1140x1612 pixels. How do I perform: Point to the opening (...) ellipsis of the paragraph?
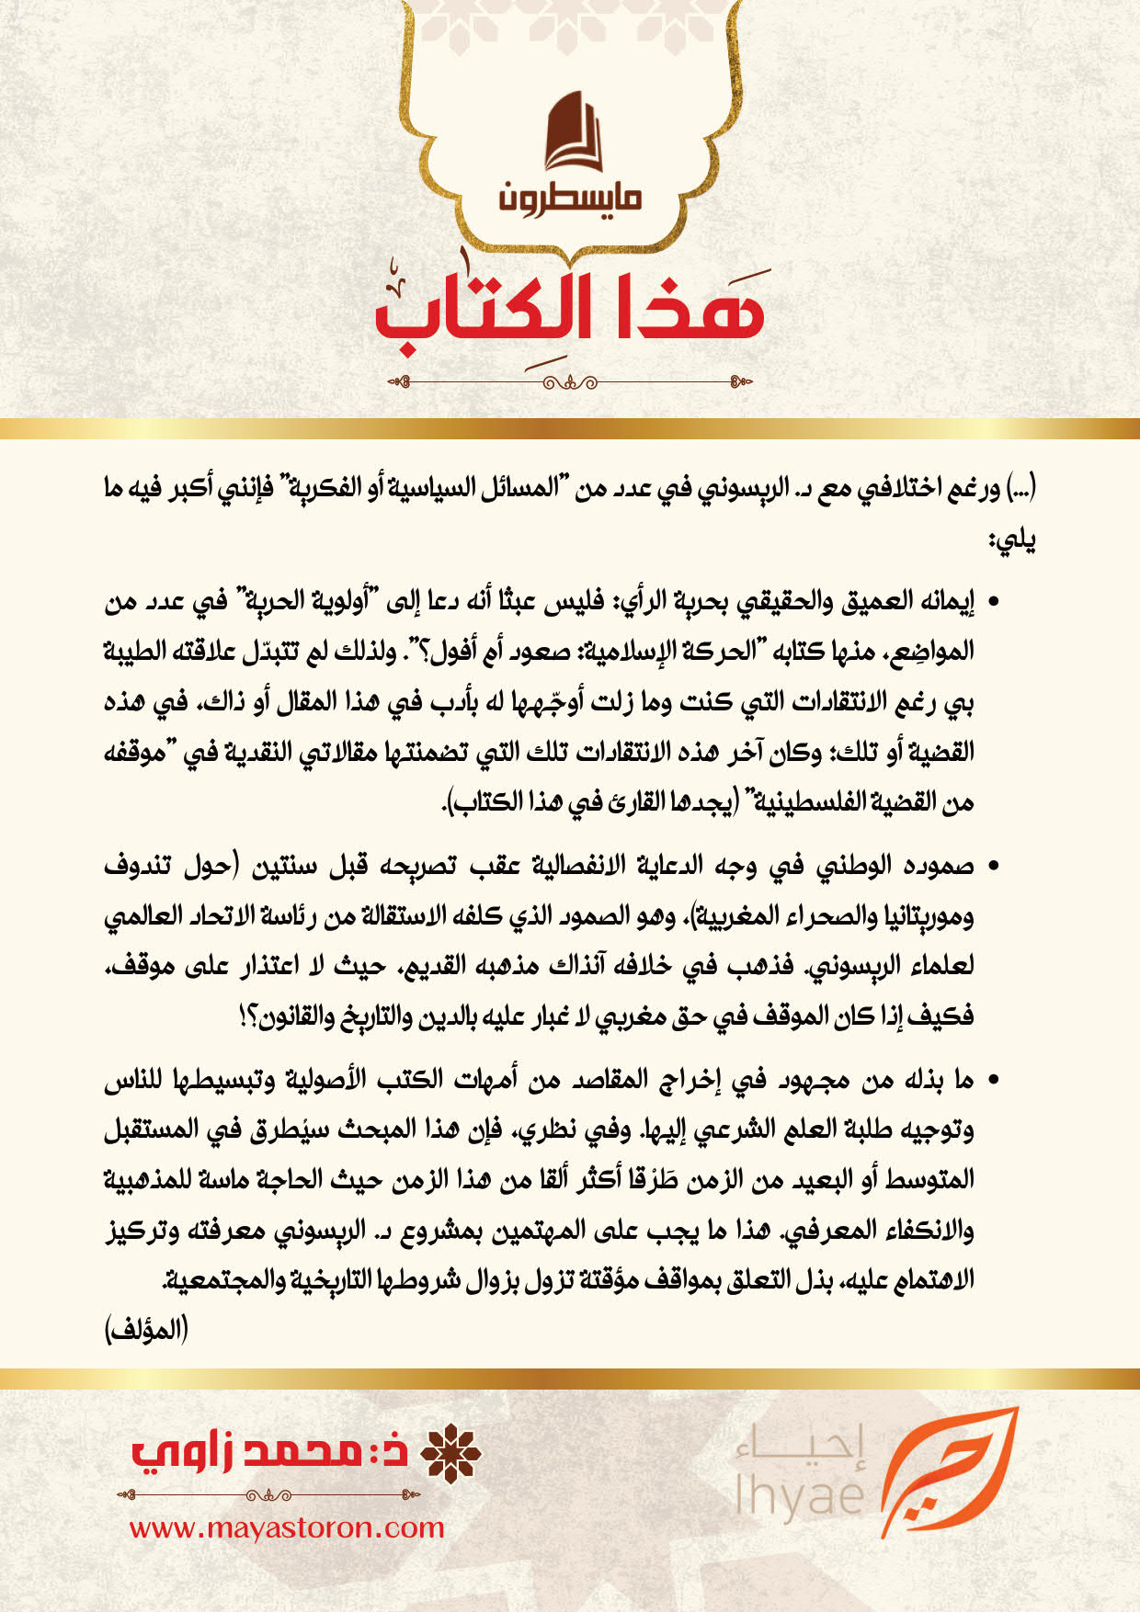click(x=1020, y=487)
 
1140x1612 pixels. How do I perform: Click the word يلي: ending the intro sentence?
click(x=1011, y=540)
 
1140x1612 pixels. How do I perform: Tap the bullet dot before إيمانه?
click(x=994, y=603)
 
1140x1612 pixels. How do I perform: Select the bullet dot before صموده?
click(x=994, y=868)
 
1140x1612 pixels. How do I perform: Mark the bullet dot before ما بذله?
click(x=994, y=1081)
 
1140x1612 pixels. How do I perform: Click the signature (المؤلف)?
click(x=146, y=1329)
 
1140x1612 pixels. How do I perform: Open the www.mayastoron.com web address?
click(x=287, y=1527)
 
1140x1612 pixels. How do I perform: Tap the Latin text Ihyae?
click(x=800, y=1494)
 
